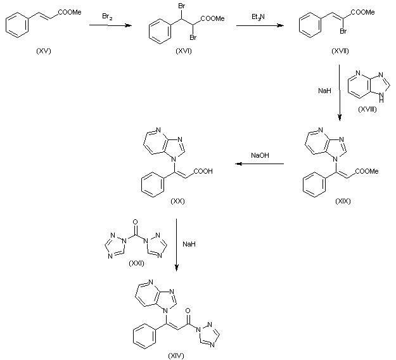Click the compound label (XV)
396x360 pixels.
point(44,50)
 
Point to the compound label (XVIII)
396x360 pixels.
point(366,110)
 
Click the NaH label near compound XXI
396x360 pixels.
point(189,243)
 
